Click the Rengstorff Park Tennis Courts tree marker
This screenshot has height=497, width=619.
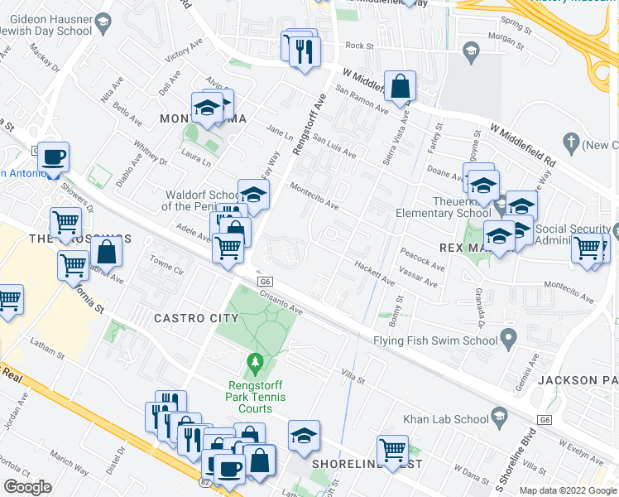pos(256,363)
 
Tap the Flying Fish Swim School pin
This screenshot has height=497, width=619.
pos(509,338)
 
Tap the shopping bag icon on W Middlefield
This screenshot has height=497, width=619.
pos(400,86)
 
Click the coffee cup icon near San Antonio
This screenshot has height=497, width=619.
pos(54,157)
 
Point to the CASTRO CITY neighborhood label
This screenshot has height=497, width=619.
pos(190,318)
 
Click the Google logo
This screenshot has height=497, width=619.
pos(27,487)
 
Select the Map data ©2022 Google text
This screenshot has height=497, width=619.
pos(568,490)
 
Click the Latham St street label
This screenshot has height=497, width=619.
pos(46,350)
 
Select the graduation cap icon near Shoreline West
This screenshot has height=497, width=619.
pos(304,436)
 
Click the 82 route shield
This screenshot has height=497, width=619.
pos(205,480)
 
